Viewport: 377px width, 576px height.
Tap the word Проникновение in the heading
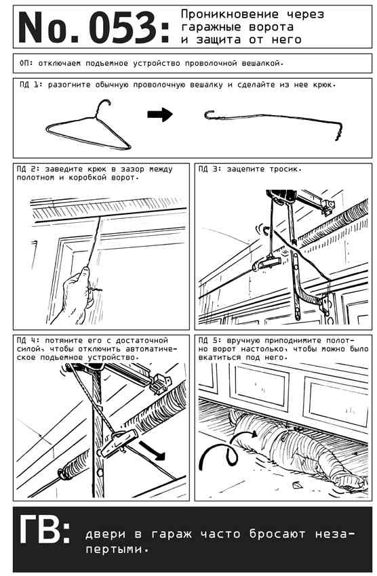tap(230, 14)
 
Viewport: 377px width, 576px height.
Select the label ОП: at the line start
tap(26, 63)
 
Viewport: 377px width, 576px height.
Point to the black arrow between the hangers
tap(160, 115)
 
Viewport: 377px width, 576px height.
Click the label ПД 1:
tap(32, 85)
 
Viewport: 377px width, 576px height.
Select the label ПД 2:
tap(28, 169)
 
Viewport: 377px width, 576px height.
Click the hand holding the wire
tap(75, 295)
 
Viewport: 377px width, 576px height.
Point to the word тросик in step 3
tap(284, 169)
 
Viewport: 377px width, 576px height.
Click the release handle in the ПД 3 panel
tap(267, 262)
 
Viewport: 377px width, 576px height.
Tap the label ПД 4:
tap(28, 341)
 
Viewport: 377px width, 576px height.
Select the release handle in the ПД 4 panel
tap(119, 442)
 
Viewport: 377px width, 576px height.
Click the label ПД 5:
tap(210, 341)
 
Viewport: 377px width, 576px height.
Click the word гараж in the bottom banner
tap(172, 535)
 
